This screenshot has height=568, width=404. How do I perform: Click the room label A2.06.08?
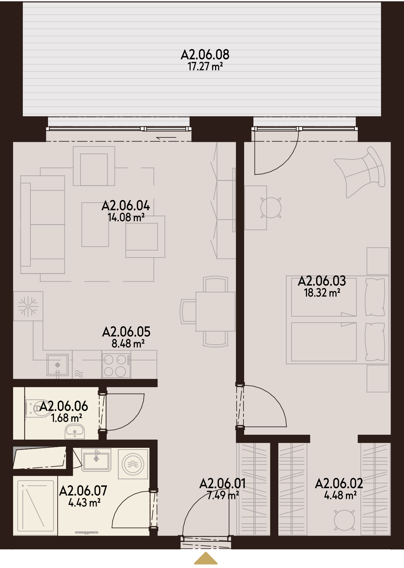pos(205,55)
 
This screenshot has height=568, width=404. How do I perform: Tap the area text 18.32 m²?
pos(322,293)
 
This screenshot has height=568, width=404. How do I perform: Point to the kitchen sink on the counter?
pos(58,365)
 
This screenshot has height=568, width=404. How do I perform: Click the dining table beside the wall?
pos(215,311)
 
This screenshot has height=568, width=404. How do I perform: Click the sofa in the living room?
pos(42,224)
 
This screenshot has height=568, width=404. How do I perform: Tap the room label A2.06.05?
pos(126,332)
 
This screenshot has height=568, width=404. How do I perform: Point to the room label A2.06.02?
pos(339,484)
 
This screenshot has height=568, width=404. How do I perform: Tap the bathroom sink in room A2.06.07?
pos(96,460)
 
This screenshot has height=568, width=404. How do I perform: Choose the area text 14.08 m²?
pos(126,217)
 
